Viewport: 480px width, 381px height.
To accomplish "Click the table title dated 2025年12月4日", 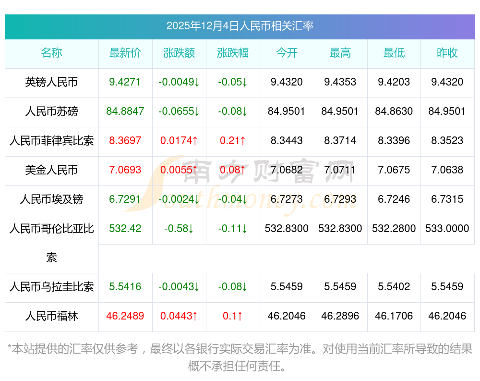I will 240,26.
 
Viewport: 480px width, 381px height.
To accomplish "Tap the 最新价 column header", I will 125,53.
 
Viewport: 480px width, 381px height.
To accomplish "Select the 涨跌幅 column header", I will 233,53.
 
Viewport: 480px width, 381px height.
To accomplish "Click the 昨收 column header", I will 447,53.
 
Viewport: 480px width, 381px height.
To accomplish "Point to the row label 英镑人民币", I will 51,82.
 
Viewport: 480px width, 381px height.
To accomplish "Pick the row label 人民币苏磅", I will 51,111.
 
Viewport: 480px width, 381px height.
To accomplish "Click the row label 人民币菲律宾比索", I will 51,141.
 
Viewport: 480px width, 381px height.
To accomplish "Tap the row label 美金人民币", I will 51,170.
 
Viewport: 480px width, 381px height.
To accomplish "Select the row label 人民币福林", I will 51,316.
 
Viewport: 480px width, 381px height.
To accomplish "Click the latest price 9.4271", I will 125,82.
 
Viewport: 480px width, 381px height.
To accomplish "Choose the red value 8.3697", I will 125,141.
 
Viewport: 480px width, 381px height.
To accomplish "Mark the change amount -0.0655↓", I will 179,111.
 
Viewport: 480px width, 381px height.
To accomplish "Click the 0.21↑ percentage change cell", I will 233,141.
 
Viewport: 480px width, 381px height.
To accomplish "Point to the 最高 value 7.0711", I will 340,170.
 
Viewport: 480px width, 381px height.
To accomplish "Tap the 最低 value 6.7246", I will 394,199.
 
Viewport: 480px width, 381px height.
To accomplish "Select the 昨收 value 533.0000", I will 447,229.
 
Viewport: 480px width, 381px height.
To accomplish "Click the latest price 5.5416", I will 125,287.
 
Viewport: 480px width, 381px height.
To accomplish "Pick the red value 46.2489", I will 125,316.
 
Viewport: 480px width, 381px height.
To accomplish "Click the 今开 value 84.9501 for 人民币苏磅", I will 286,111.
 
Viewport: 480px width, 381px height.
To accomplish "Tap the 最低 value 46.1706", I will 394,316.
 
